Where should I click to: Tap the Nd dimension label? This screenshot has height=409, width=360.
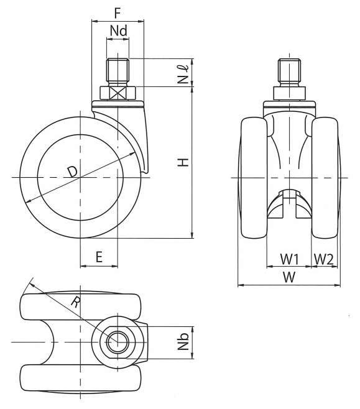(x=118, y=30)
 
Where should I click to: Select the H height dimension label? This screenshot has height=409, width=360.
(x=183, y=162)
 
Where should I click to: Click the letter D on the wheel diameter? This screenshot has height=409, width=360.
(x=72, y=172)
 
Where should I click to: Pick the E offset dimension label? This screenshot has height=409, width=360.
(x=99, y=257)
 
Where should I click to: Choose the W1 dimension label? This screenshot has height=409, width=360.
(x=289, y=259)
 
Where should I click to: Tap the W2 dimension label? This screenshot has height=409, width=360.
(x=323, y=259)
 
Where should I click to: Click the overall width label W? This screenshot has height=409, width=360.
(x=289, y=277)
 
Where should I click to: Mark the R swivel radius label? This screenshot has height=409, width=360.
(x=76, y=303)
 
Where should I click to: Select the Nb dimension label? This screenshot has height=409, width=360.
(x=183, y=341)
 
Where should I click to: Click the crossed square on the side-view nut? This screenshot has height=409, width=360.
(x=118, y=93)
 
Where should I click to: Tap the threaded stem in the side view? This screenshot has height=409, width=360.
(x=118, y=71)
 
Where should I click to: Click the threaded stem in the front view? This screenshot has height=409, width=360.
(x=289, y=73)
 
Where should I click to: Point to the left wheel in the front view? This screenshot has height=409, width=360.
(x=254, y=178)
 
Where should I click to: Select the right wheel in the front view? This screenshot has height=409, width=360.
(x=325, y=178)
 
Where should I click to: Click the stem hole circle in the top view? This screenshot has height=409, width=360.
(x=118, y=342)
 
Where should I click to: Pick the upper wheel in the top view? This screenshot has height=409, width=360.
(x=81, y=306)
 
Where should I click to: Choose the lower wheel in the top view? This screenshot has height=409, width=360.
(x=81, y=378)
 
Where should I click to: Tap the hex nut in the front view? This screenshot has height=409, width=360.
(x=289, y=93)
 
